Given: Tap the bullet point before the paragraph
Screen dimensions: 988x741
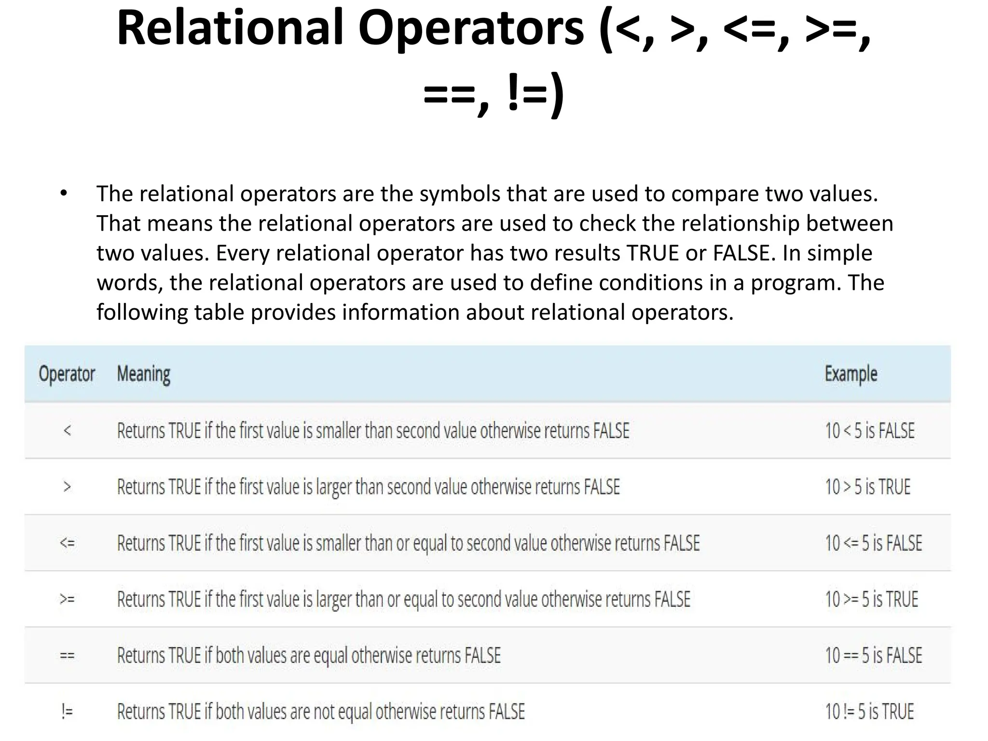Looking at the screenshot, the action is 64,194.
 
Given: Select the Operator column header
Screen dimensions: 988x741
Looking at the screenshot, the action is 67,374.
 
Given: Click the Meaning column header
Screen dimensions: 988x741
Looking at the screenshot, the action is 144,374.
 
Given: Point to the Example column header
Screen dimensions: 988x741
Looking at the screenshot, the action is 851,374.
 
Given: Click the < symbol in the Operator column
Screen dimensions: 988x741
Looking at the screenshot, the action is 68,430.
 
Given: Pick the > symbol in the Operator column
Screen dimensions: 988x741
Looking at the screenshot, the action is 68,487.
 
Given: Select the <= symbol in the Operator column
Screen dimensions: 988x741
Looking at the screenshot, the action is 68,543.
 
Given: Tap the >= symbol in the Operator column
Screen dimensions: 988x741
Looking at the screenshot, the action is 68,599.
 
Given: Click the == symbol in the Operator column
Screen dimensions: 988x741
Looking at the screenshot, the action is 68,656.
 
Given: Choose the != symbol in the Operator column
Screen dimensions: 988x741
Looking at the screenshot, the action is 68,712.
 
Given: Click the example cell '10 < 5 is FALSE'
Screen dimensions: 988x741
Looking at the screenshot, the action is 869,430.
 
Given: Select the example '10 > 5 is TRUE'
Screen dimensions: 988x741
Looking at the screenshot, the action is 867,487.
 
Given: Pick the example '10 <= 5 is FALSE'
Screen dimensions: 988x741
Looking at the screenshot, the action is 873,543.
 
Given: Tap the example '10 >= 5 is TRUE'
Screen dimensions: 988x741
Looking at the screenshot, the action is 871,599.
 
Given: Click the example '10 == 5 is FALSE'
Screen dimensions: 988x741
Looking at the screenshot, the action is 873,656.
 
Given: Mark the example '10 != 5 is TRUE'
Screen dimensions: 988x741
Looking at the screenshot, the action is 869,712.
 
